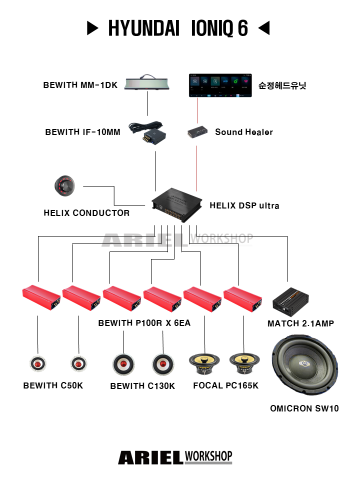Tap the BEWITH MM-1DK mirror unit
147,83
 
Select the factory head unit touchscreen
219,85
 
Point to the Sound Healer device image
198,132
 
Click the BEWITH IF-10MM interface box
151,133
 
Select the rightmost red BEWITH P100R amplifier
243,299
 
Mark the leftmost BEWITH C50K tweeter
37,364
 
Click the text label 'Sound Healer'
244,132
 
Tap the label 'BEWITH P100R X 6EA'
144,323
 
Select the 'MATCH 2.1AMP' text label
300,323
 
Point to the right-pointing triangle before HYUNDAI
93,28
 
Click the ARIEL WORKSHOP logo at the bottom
175,457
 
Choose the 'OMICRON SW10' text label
304,408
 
